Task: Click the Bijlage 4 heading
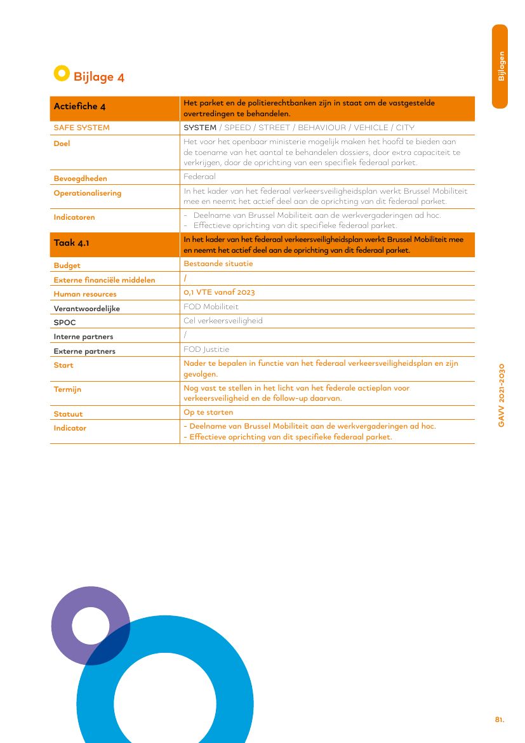[x=98, y=77]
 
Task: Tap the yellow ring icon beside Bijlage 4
[x=62, y=74]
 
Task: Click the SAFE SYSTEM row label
[x=81, y=128]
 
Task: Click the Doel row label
[x=62, y=144]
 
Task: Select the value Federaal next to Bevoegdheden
[x=199, y=177]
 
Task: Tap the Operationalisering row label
[x=87, y=193]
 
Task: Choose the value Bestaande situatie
[x=218, y=263]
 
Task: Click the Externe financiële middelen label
[x=104, y=280]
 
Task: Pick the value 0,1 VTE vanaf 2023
[x=219, y=292]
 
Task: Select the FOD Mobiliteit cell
[x=211, y=307]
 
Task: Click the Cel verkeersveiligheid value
[x=223, y=321]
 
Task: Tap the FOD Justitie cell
[x=206, y=349]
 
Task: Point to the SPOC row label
[x=65, y=323]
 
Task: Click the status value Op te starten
[x=208, y=412]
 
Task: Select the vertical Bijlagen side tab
[x=500, y=66]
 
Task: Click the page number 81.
[x=500, y=720]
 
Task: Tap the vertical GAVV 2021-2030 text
[x=501, y=395]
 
